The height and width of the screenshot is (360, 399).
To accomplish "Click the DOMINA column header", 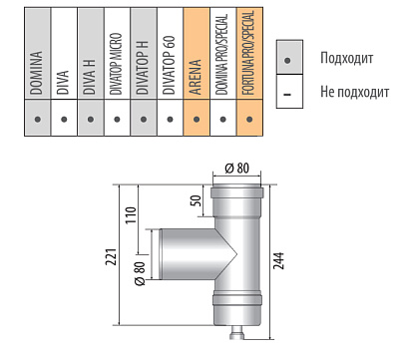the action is pos(36,73).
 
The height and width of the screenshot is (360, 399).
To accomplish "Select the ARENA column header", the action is pos(196,77).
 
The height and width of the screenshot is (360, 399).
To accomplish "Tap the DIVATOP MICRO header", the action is pos(116,64).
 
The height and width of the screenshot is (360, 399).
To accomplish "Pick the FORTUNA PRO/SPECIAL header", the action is pos(248,53).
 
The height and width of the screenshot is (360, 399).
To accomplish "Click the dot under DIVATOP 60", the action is pos(170,119).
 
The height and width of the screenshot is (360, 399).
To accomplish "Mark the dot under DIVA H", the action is pos(91,119).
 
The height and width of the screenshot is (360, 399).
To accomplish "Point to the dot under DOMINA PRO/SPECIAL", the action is pos(223,119).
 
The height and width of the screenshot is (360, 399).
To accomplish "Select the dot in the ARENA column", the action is pos(197,119).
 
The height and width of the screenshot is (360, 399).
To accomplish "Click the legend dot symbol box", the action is pos(289,57).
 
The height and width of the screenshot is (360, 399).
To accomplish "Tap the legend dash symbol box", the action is pos(289,91).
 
